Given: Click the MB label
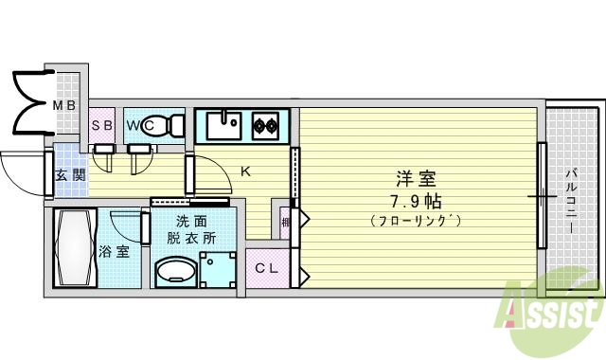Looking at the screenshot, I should (64, 105).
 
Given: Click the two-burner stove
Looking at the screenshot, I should (265, 124).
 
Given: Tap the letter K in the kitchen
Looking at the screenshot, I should (245, 171).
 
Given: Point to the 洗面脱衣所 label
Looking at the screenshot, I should (192, 228).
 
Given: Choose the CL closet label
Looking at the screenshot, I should (266, 269).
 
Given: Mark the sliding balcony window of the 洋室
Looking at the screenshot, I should (543, 196).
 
